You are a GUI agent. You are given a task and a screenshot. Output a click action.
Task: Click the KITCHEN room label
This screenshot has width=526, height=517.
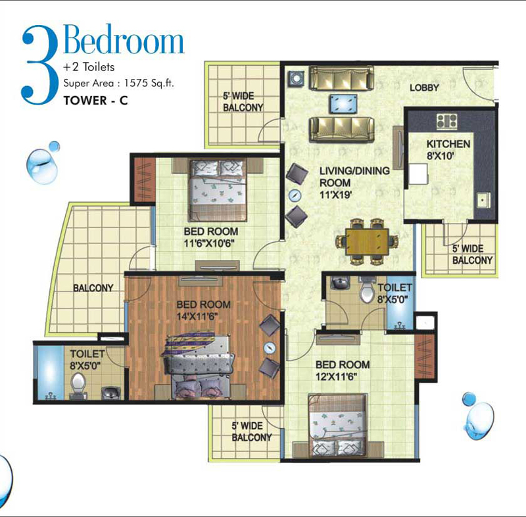pos(448,144)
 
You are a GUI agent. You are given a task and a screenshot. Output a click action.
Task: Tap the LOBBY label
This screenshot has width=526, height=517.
pos(424,88)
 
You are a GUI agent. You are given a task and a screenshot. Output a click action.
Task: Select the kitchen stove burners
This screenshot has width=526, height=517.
pos(446,121)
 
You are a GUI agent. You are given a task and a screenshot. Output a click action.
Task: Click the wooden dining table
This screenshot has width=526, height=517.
pos(367,241)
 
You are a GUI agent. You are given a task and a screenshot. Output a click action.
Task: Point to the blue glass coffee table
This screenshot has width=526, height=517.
pos(343,103)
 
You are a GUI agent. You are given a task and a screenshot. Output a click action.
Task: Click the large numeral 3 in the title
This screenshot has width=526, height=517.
pos(40,65)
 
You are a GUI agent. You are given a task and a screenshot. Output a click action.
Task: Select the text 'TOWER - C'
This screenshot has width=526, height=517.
pos(96,101)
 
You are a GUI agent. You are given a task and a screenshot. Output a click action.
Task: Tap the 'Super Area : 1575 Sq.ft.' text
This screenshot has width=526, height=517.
pos(119,83)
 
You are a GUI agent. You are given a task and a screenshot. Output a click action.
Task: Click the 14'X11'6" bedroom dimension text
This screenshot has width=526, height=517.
pos(197,316)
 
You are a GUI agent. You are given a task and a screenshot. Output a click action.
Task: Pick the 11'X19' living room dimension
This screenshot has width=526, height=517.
pos(335,195)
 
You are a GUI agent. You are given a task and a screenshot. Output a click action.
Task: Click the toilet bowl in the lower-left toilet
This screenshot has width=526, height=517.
pos(78,385)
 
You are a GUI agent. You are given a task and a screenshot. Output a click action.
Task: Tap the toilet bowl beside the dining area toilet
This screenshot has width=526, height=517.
pos(368,291)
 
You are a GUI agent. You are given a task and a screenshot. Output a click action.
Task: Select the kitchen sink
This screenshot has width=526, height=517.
pos(484,201)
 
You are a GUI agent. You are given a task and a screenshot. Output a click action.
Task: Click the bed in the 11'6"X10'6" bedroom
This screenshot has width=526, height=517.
pos(218,191)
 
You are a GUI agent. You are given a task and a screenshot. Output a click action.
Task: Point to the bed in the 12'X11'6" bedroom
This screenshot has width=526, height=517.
pos(338,426)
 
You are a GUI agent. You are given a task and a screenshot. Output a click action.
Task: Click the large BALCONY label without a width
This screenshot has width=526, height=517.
pos(93,288)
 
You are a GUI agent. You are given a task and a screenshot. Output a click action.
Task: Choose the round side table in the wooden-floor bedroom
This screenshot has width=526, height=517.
pos(270,348)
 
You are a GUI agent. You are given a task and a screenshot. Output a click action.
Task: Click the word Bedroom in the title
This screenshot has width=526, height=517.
pos(124,39)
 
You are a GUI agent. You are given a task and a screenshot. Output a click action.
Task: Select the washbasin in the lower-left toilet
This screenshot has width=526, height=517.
pos(111,393)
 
